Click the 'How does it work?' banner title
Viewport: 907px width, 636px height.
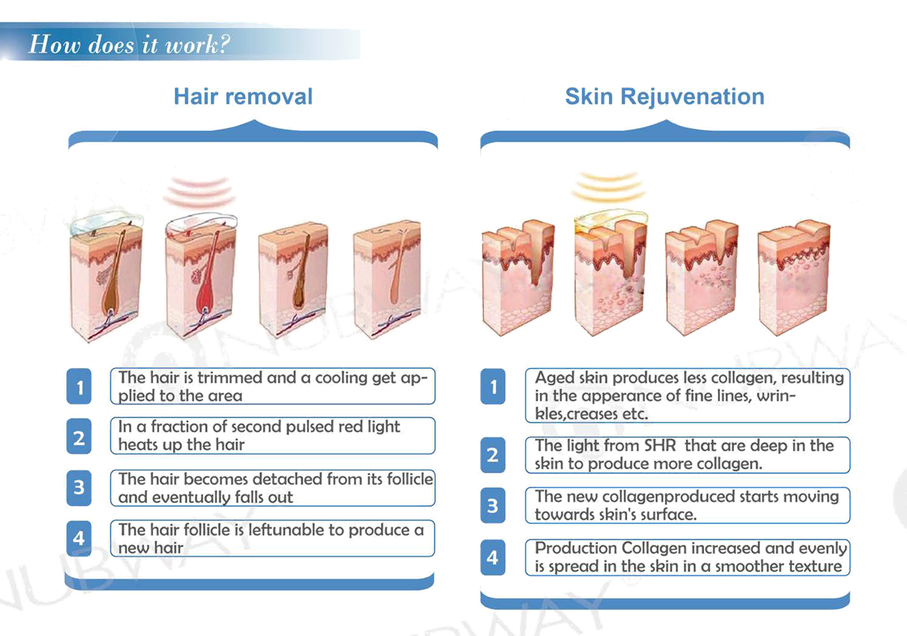point(129,44)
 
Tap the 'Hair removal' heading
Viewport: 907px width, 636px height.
point(243,97)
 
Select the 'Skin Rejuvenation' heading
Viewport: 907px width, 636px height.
point(665,97)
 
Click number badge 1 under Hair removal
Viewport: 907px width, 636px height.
point(79,386)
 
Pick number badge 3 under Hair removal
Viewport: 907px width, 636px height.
point(79,487)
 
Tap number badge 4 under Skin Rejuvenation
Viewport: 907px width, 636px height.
point(493,558)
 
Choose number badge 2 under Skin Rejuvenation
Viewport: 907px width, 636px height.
point(493,455)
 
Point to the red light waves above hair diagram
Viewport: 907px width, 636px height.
point(199,191)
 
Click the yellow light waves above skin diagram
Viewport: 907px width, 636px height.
point(609,186)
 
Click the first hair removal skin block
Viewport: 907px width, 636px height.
point(106,280)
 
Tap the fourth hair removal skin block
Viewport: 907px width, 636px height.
point(387,280)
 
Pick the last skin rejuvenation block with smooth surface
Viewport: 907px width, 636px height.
point(794,277)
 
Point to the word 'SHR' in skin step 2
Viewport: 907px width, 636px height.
point(660,446)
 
